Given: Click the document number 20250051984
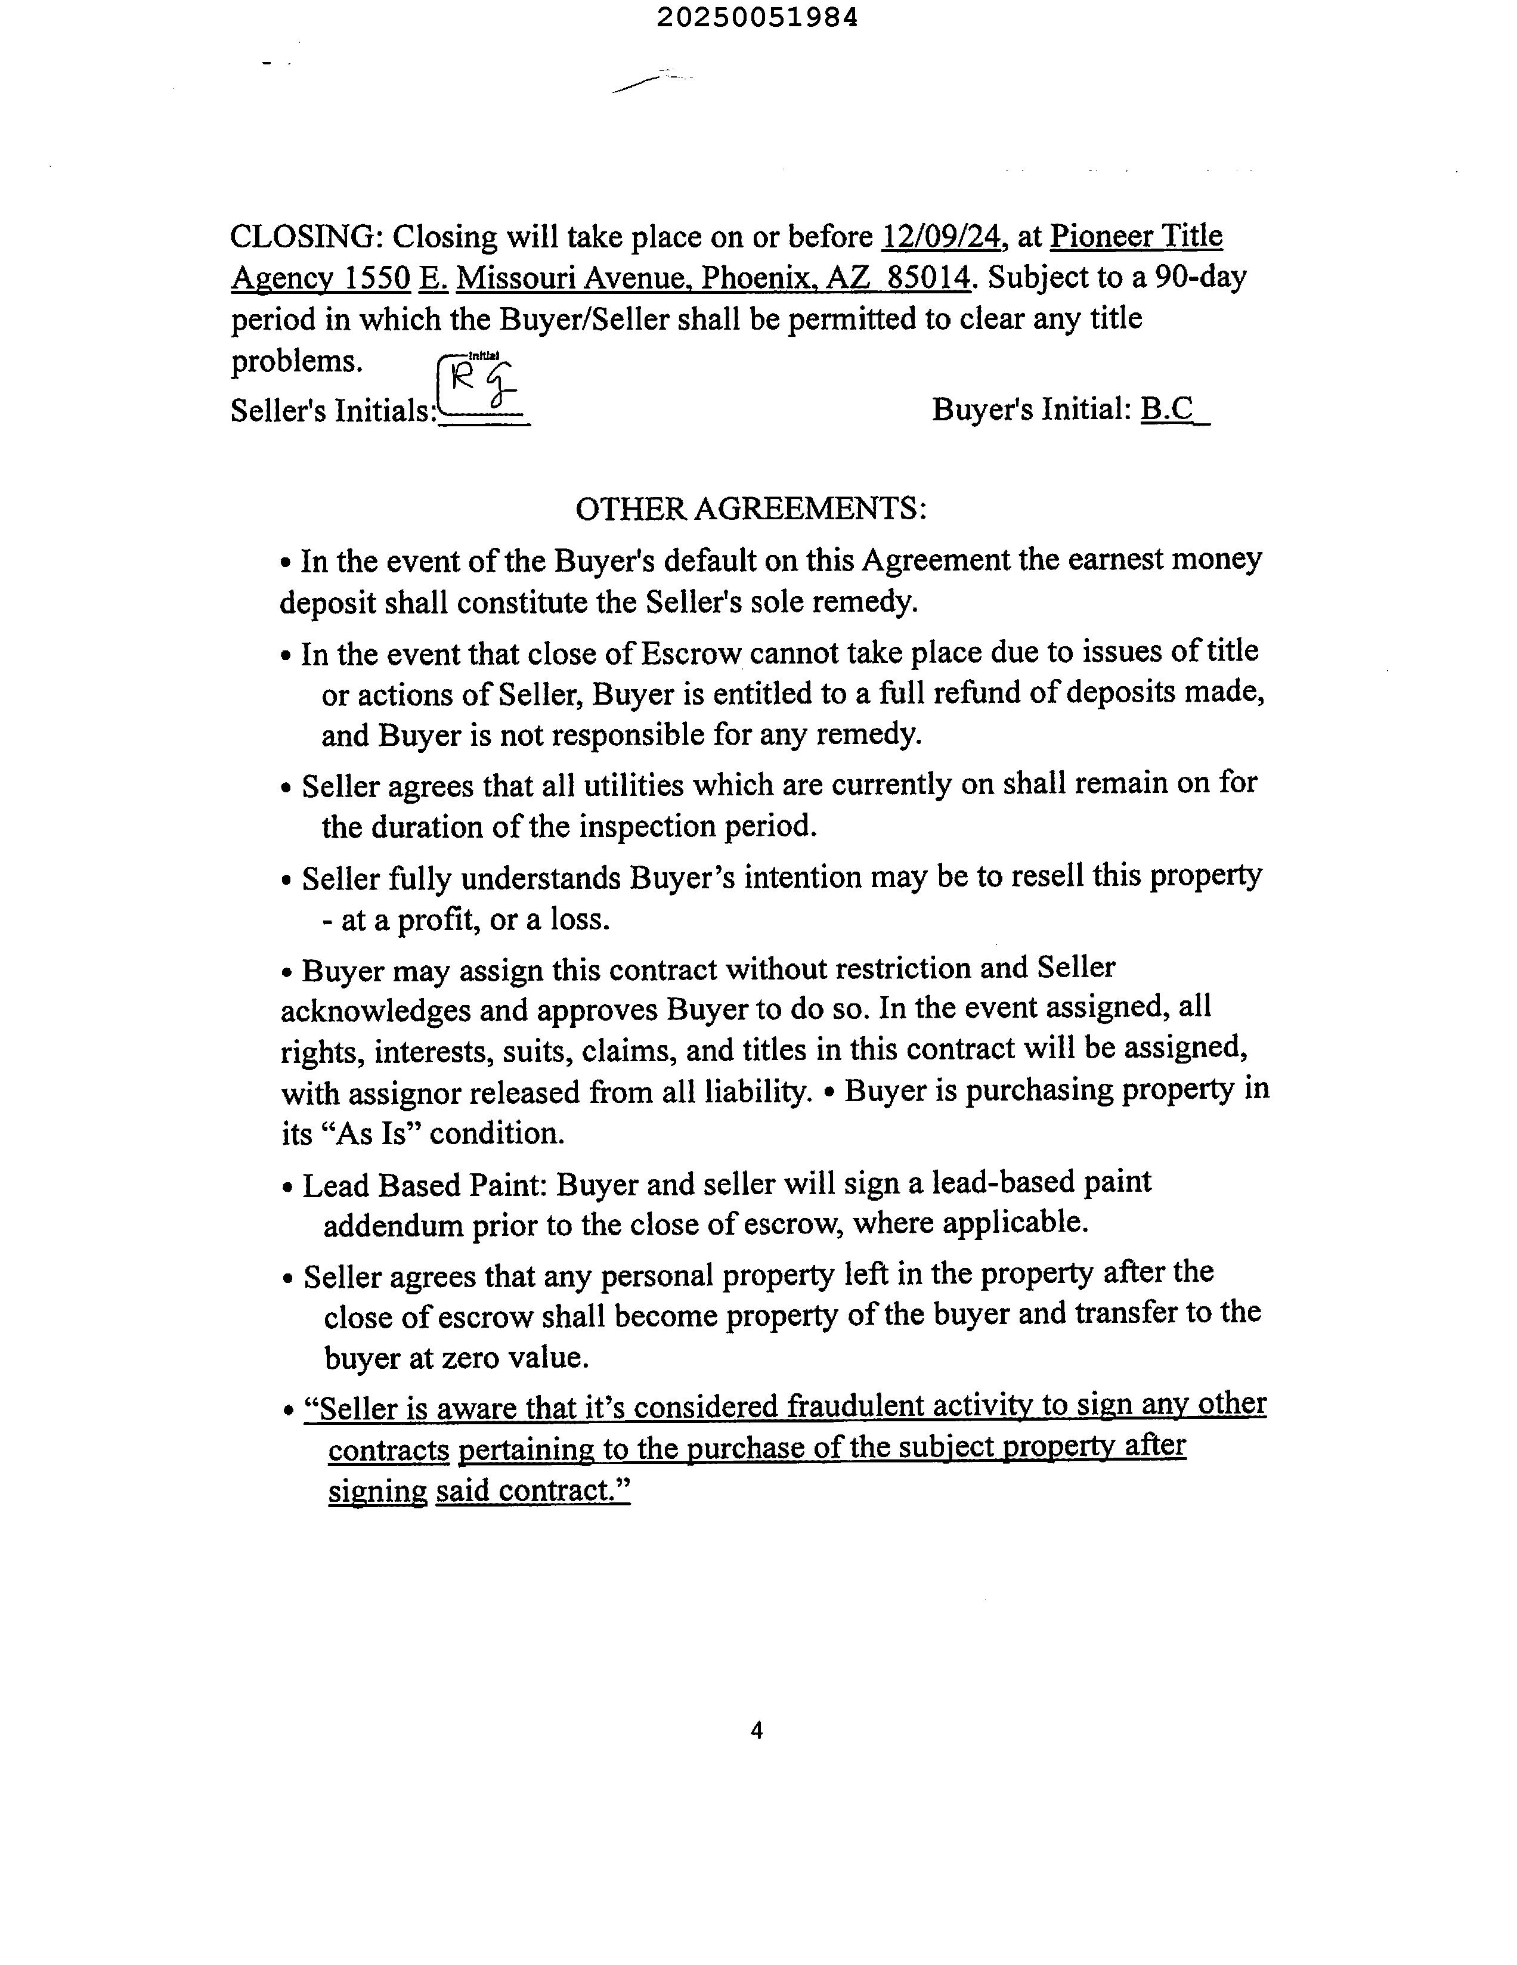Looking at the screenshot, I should click(x=757, y=18).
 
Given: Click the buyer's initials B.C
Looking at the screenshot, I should click(x=1167, y=410).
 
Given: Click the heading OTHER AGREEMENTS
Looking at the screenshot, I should click(x=750, y=509).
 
